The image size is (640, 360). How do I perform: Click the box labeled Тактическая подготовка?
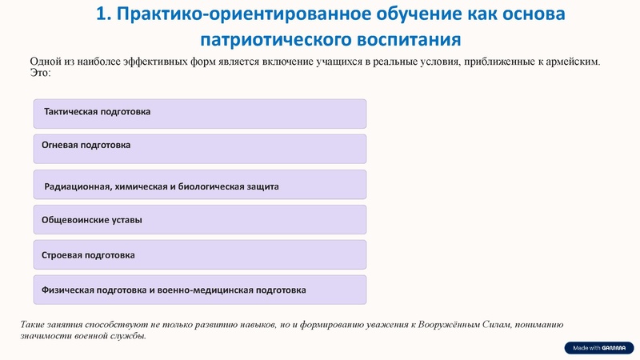(199, 114)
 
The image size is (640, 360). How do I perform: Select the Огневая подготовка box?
(199, 148)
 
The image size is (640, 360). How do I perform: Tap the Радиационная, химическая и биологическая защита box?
(199, 184)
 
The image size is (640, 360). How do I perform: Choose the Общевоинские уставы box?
(199, 219)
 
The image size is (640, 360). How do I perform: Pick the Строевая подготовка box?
(199, 254)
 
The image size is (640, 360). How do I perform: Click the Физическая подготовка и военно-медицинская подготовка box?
(199, 290)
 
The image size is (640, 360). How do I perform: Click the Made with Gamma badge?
(598, 348)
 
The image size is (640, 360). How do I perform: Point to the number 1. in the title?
(106, 14)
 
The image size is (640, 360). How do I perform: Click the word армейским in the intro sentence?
(570, 62)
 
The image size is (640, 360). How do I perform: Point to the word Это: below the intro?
(40, 73)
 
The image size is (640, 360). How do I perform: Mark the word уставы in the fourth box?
(125, 219)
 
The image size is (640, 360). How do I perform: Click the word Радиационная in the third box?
(78, 186)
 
